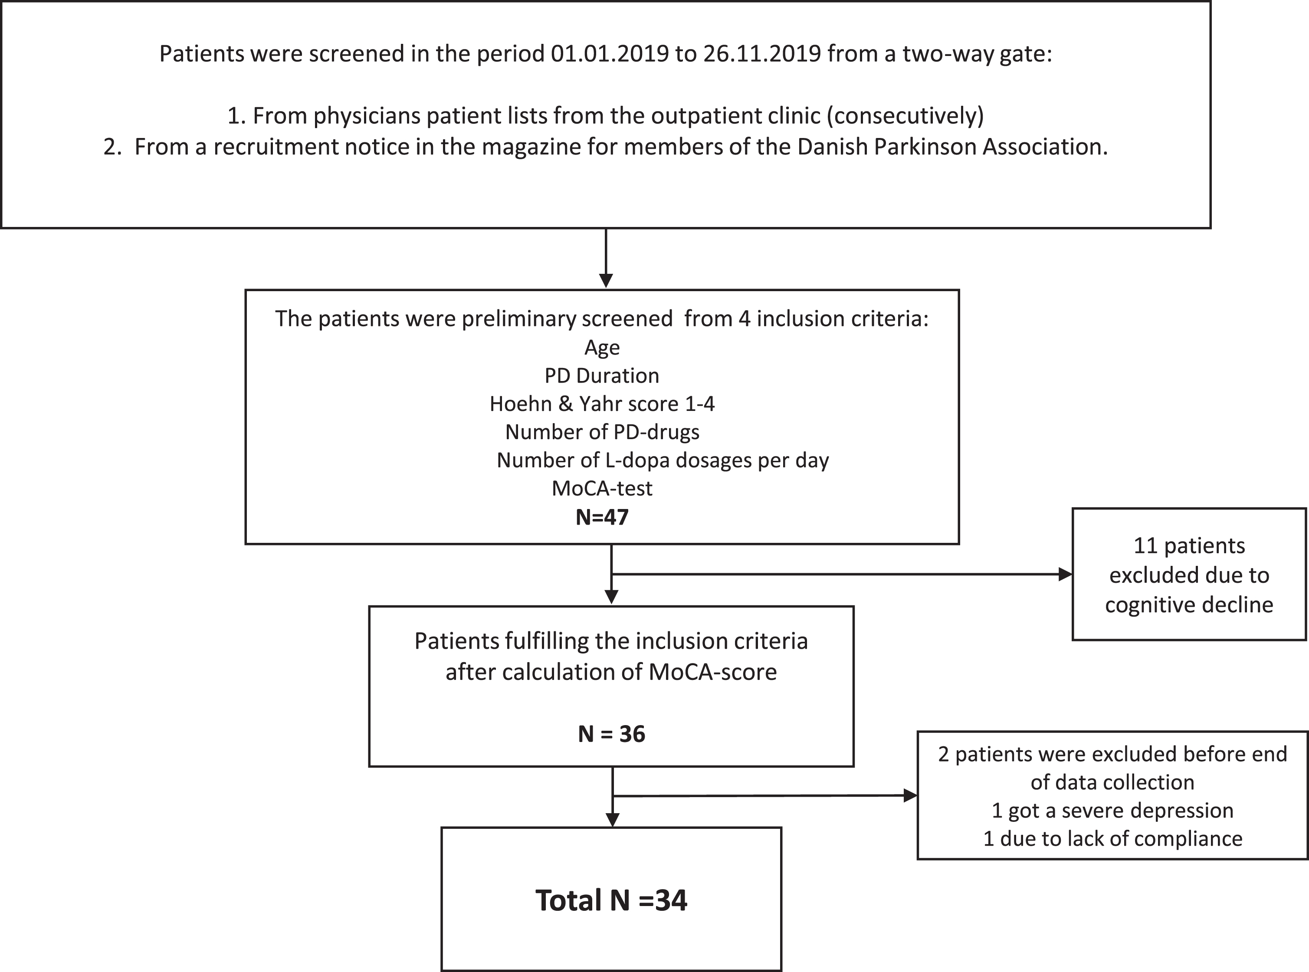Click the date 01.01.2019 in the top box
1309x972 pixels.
(610, 53)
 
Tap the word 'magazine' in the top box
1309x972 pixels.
(531, 147)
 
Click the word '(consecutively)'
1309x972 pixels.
(905, 116)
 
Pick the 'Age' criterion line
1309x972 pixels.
(602, 348)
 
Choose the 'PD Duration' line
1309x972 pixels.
(602, 375)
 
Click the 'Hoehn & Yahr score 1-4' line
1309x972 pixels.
(602, 404)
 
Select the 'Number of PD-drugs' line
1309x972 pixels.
(602, 432)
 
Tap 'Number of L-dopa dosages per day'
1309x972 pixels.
(663, 460)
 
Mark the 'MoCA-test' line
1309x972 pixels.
(602, 488)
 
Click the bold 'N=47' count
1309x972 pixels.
(602, 517)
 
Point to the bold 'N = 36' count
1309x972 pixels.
(611, 734)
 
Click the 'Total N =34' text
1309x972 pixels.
(611, 900)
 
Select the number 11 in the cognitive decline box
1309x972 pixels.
(1145, 546)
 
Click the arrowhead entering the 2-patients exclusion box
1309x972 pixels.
(911, 796)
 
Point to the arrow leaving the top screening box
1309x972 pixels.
(606, 258)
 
